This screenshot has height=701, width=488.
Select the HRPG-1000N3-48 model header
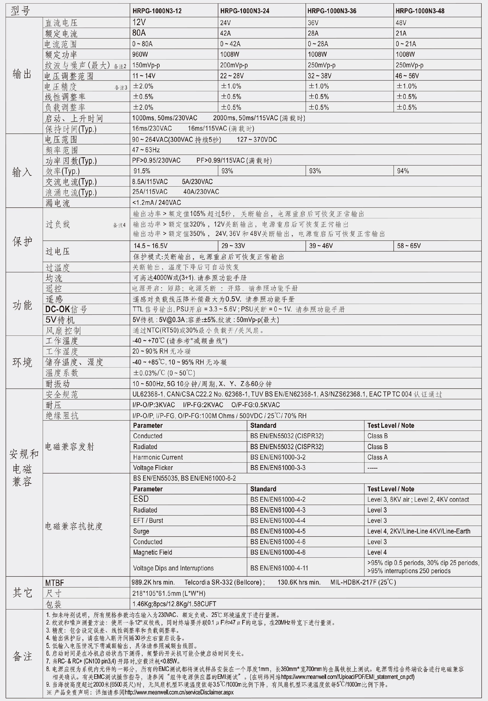pos(420,11)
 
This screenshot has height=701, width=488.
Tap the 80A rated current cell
pos(139,33)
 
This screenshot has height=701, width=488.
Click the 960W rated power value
pos(140,54)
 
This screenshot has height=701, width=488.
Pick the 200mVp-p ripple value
pos(234,65)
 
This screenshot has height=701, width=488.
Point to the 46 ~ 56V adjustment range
pos(407,76)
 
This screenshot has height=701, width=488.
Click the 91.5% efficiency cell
pos(142,171)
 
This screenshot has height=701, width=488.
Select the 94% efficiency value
pos(403,171)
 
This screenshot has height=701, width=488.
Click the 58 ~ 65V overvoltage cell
pos(409,246)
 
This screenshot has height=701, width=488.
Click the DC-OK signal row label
pos(66,309)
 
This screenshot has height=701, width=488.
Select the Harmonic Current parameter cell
pos(158,457)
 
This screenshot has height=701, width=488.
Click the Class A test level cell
pos(377,457)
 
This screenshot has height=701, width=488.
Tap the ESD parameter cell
pos(141,499)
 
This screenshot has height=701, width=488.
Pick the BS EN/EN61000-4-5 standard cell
pos(278,531)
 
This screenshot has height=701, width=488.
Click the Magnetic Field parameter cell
pos(152,552)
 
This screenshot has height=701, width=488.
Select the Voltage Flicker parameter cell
pos(153,468)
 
